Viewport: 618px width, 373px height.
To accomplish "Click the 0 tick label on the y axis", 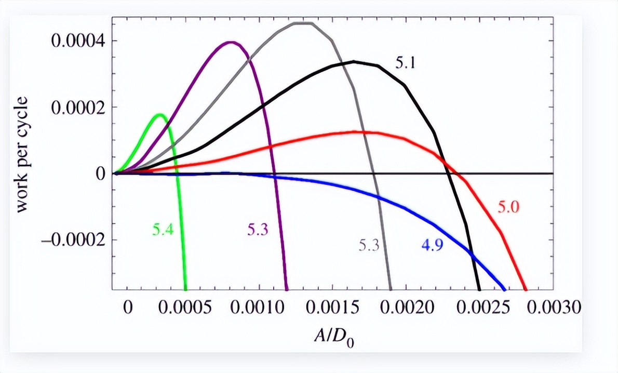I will [x=99, y=174].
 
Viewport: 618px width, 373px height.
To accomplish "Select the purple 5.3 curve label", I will [x=258, y=230].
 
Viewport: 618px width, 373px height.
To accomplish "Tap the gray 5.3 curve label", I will [x=369, y=245].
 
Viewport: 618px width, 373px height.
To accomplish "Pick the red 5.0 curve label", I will [x=509, y=207].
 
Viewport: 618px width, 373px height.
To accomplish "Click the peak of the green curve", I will [x=160, y=114].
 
